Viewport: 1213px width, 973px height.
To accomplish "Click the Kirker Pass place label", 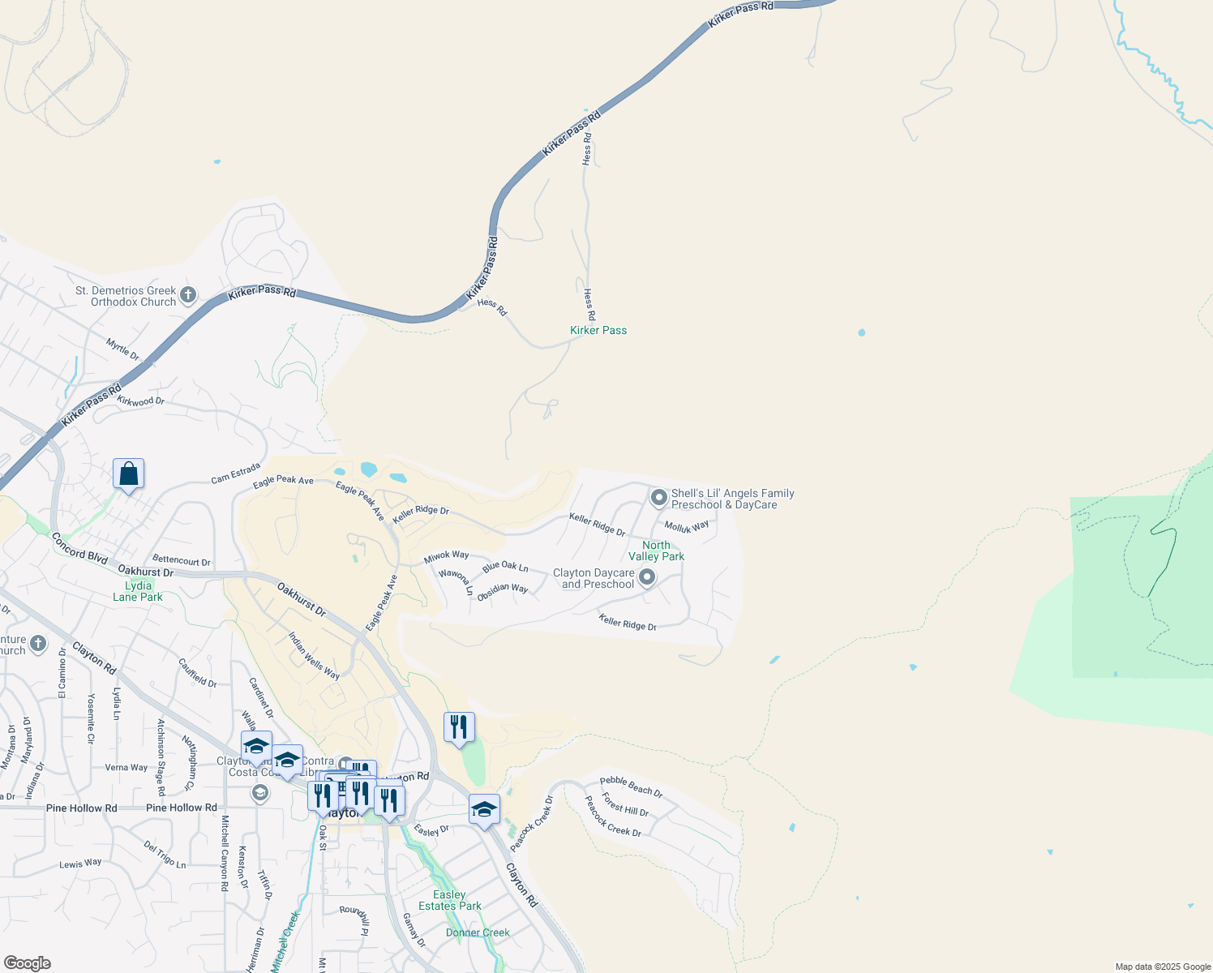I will point(598,330).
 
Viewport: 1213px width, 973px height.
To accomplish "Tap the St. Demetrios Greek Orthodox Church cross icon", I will point(188,294).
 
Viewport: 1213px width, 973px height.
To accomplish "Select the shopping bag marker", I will point(129,474).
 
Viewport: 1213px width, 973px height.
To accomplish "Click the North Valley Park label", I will point(657,551).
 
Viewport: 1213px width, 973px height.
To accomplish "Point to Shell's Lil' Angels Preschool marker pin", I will point(659,496).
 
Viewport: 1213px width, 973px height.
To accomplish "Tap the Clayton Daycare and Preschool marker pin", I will point(647,577).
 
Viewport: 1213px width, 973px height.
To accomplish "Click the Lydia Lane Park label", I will point(138,591).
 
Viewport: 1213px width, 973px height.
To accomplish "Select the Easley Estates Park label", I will point(450,900).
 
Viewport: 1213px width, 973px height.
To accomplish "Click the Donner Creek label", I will point(478,932).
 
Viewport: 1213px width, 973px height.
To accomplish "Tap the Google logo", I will point(27,963).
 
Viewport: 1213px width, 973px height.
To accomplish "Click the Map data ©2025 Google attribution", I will point(1163,967).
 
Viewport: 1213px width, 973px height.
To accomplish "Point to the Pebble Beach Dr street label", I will point(632,787).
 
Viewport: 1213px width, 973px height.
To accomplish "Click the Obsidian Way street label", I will point(503,592).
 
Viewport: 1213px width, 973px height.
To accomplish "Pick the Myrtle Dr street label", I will point(122,349).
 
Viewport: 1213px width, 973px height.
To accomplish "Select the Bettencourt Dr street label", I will point(182,560).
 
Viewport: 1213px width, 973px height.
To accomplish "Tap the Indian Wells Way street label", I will point(315,656).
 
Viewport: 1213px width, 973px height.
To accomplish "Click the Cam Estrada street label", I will point(236,474).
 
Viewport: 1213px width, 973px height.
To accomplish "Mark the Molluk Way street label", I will point(687,527).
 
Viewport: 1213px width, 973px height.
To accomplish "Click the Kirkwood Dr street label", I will point(140,401).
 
